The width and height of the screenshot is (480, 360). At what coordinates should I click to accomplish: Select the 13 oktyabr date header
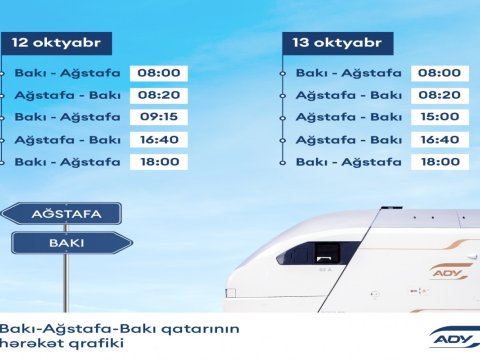(x=337, y=44)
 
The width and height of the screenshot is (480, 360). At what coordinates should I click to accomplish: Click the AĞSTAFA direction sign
(x=62, y=213)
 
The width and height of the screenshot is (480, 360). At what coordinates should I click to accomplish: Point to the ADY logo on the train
(x=446, y=272)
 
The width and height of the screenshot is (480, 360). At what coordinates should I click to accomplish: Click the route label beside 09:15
(x=68, y=117)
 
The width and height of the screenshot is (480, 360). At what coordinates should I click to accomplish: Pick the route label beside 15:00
(x=349, y=117)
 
